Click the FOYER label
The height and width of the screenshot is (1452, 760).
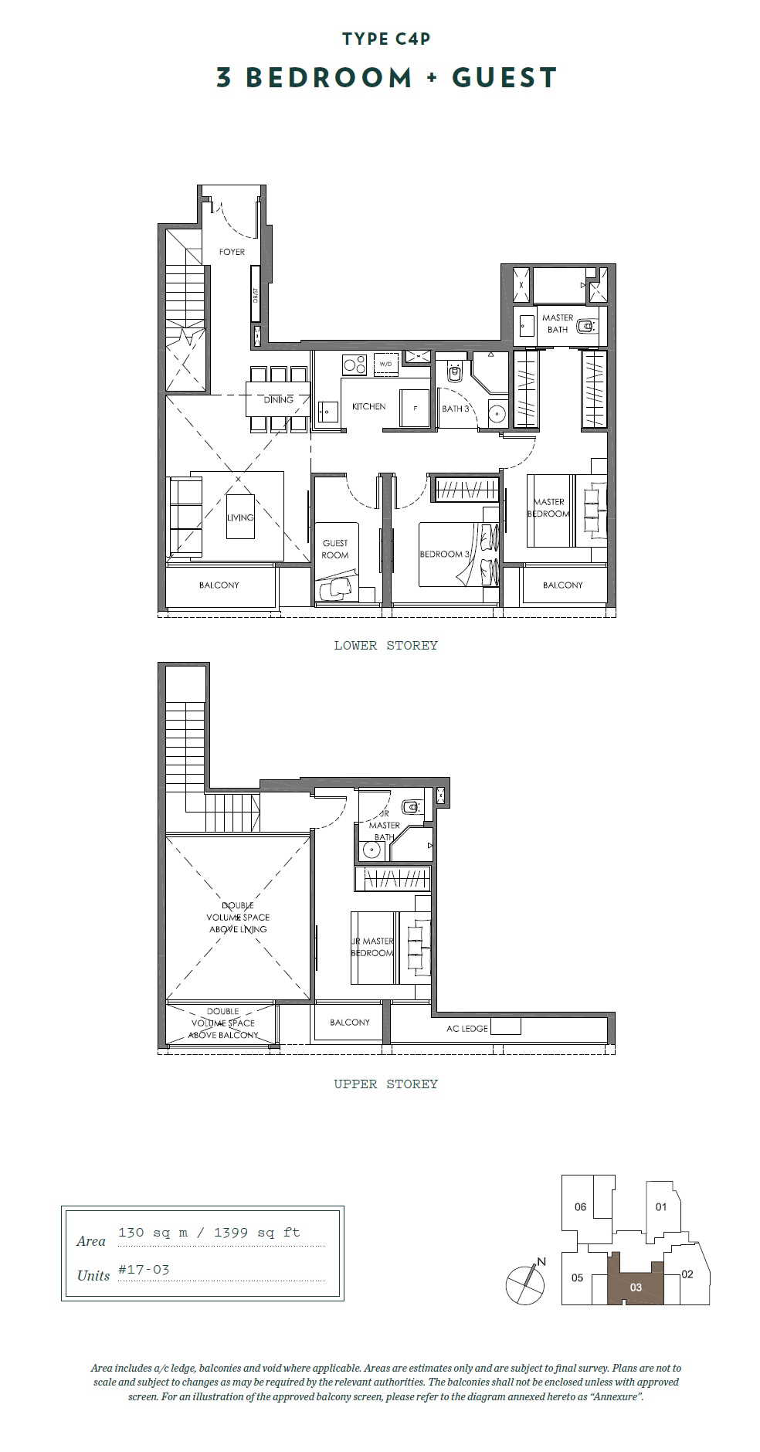pyautogui.click(x=232, y=252)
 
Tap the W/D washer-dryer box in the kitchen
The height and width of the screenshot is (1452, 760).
pyautogui.click(x=385, y=364)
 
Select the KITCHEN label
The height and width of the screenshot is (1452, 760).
pyautogui.click(x=368, y=406)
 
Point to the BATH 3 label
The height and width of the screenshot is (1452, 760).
pyautogui.click(x=456, y=409)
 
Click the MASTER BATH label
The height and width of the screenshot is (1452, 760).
pyautogui.click(x=558, y=324)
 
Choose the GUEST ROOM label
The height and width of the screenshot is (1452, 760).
pyautogui.click(x=335, y=549)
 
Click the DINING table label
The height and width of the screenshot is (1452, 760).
pyautogui.click(x=278, y=399)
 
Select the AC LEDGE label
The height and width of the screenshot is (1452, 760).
pyautogui.click(x=467, y=1028)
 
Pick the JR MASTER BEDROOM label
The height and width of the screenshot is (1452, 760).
pyautogui.click(x=372, y=947)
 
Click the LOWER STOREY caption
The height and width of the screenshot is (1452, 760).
pyautogui.click(x=385, y=645)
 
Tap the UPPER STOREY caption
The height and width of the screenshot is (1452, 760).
pyautogui.click(x=385, y=1084)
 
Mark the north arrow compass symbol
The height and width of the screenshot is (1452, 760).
pyautogui.click(x=526, y=1283)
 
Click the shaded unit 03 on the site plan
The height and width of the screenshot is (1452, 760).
pyautogui.click(x=636, y=1282)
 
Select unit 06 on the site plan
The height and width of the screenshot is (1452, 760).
pyautogui.click(x=580, y=1206)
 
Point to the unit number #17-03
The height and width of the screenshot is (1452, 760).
pyautogui.click(x=144, y=1269)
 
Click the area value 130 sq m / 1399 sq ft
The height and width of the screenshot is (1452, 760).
pyautogui.click(x=209, y=1232)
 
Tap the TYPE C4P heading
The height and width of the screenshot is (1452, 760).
pyautogui.click(x=386, y=39)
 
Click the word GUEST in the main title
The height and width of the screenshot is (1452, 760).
pyautogui.click(x=504, y=77)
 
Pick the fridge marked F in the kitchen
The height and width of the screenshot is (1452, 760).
pyautogui.click(x=415, y=408)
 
